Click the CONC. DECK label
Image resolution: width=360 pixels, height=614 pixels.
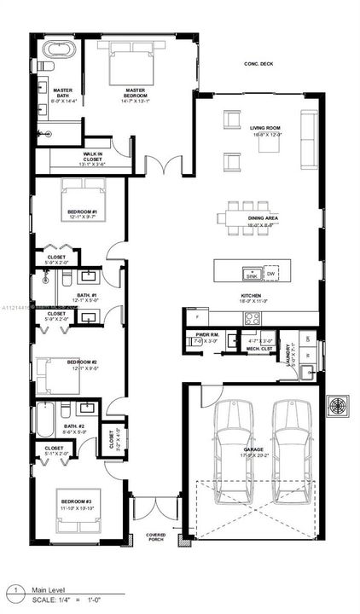coord(257,64)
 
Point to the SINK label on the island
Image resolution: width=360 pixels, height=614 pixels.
coord(252,276)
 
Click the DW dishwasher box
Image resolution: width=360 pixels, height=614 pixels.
coord(271,274)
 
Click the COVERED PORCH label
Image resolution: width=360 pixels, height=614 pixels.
coord(155,537)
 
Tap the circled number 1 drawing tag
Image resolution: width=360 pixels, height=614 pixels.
coord(15,589)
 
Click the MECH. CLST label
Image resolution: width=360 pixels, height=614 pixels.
coord(258,349)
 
